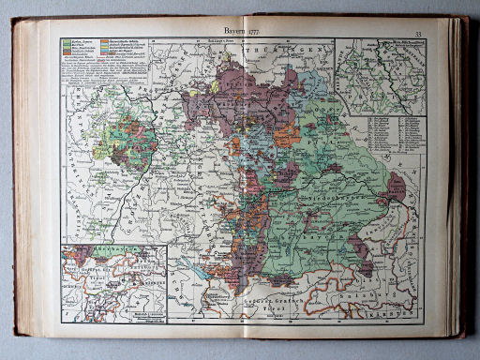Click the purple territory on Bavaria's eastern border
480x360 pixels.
pyautogui.click(x=396, y=187)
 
